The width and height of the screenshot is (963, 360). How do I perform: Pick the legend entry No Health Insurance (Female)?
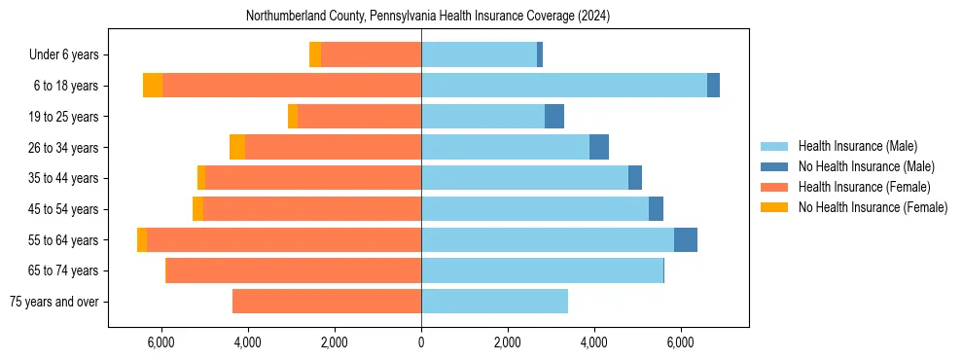pyautogui.click(x=873, y=207)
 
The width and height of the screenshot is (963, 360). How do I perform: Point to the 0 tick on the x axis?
pyautogui.click(x=421, y=342)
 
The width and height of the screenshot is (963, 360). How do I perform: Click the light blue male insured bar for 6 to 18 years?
pyautogui.click(x=564, y=86)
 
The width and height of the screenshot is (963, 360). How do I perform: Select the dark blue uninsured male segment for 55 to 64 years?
pyautogui.click(x=686, y=239)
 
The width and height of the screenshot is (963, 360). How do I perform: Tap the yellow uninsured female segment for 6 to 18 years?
pyautogui.click(x=153, y=86)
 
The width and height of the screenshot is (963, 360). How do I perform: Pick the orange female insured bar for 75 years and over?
pyautogui.click(x=327, y=302)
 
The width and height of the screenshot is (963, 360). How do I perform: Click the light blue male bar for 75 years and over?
pyautogui.click(x=494, y=302)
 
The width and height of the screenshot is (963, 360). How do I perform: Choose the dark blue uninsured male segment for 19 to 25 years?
pyautogui.click(x=554, y=117)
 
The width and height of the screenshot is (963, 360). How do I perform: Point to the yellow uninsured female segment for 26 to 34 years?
pyautogui.click(x=237, y=147)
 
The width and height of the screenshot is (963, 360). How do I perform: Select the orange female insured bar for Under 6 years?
pyautogui.click(x=371, y=54)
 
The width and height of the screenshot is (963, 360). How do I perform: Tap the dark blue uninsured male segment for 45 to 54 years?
pyautogui.click(x=656, y=209)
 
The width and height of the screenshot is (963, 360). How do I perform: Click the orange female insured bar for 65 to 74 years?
pyautogui.click(x=294, y=270)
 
